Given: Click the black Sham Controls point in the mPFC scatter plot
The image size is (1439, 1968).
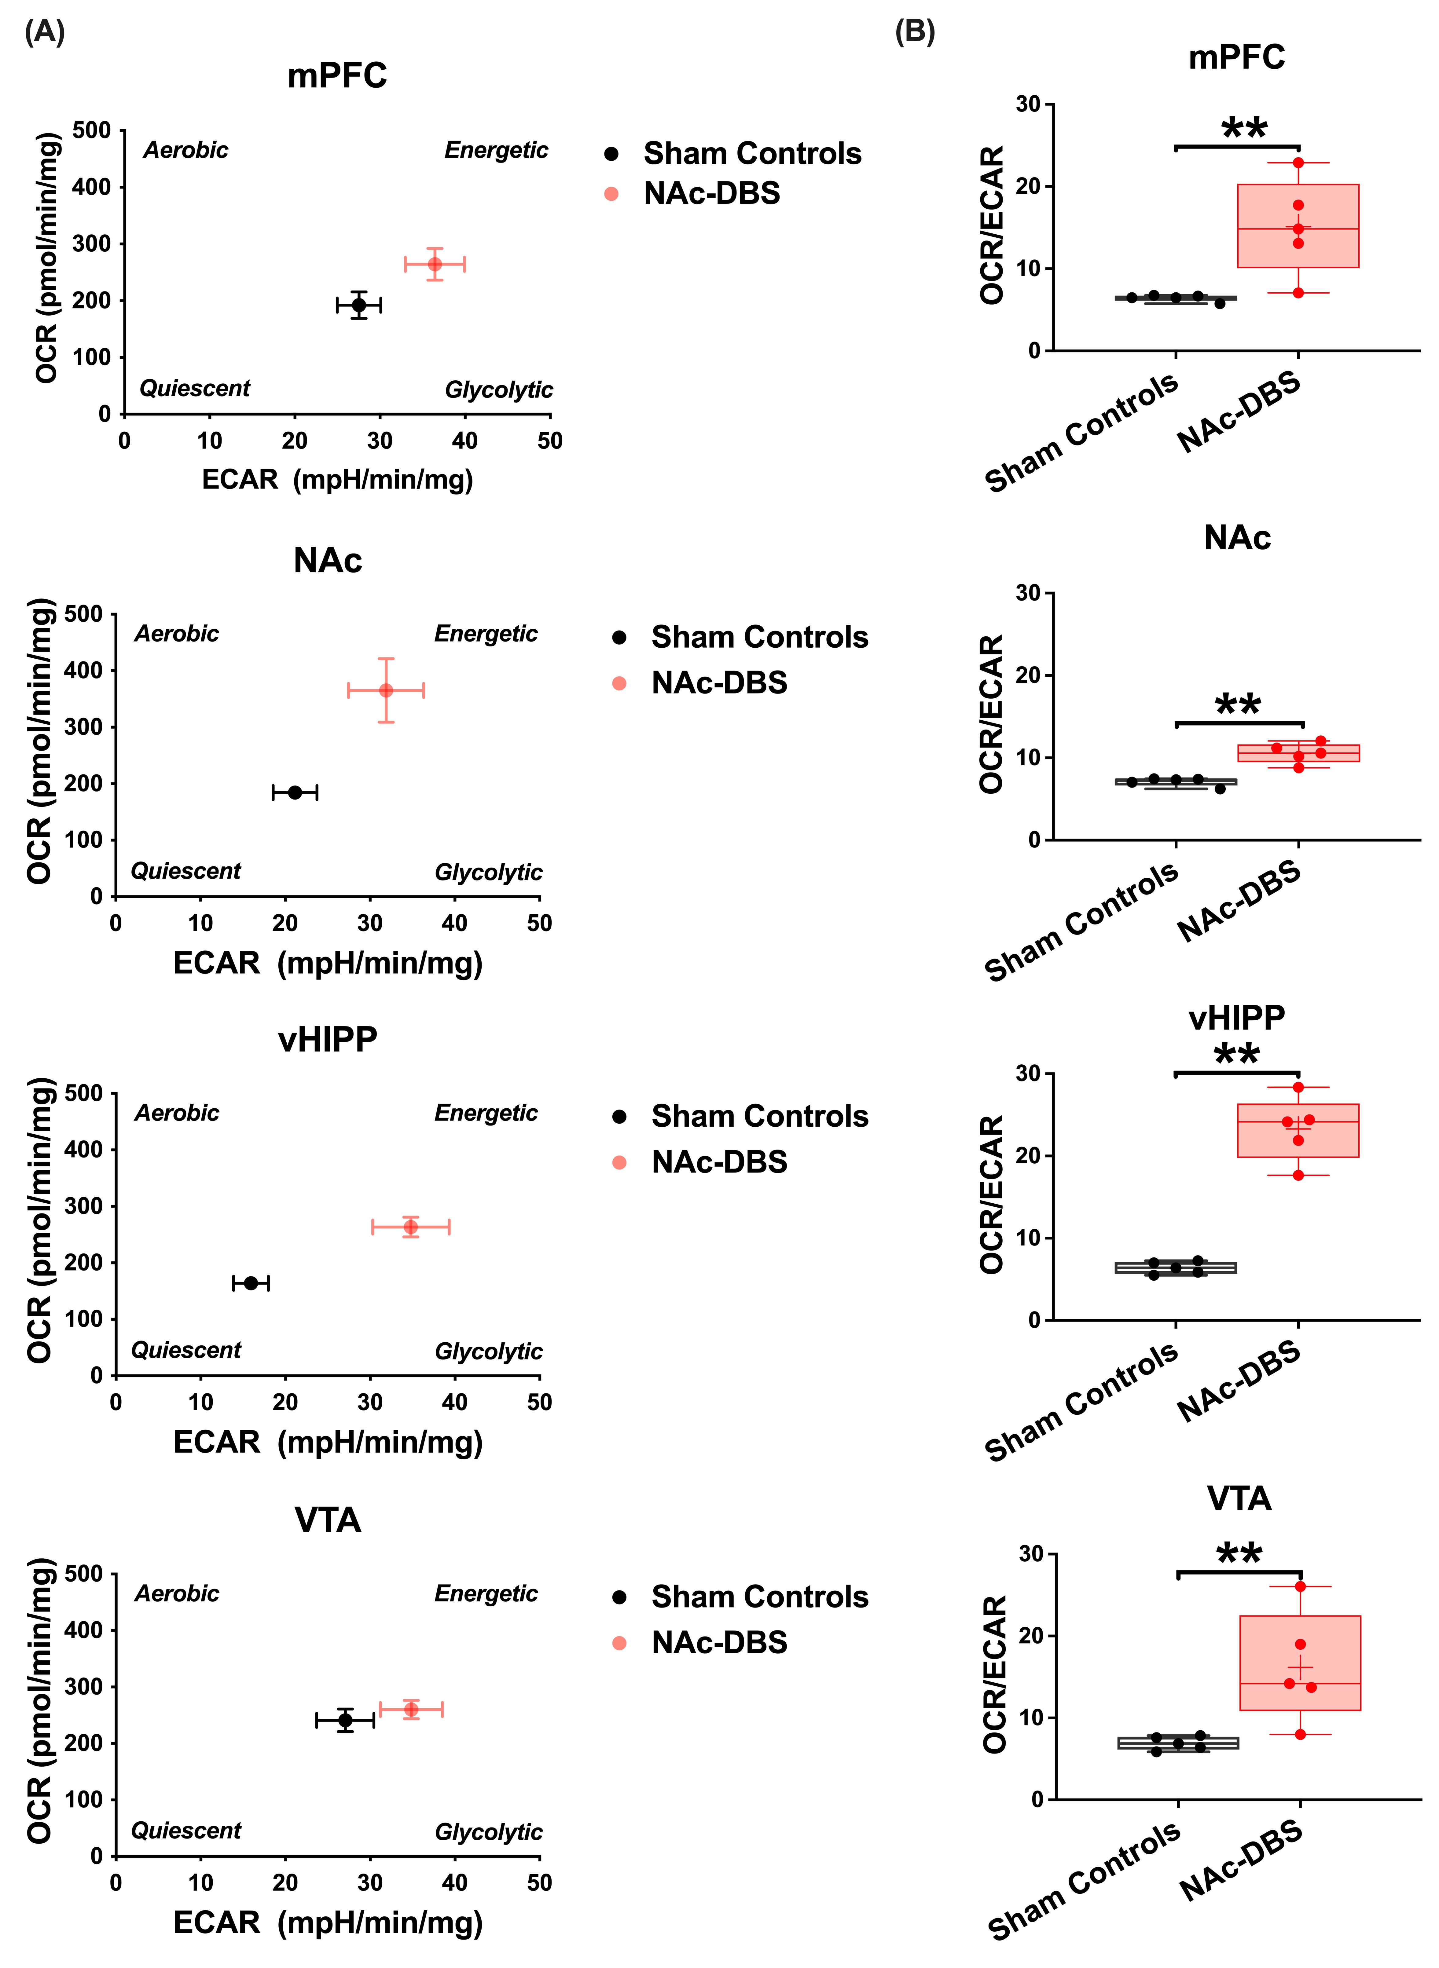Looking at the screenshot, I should pyautogui.click(x=358, y=305).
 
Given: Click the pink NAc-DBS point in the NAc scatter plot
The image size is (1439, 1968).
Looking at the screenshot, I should pyautogui.click(x=386, y=690).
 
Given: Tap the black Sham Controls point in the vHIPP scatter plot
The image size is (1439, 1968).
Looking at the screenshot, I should pyautogui.click(x=251, y=1283).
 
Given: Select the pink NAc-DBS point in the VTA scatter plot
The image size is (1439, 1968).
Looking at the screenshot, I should pyautogui.click(x=411, y=1709).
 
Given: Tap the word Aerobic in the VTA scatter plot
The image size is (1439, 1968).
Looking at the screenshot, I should pyautogui.click(x=177, y=1593).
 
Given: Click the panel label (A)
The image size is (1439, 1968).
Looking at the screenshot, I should pyautogui.click(x=44, y=32).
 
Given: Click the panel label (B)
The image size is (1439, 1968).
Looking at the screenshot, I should pyautogui.click(x=915, y=32).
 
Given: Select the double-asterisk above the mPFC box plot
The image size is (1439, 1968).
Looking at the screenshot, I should pyautogui.click(x=1244, y=129).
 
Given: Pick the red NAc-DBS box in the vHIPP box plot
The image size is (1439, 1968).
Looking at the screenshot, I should pyautogui.click(x=1298, y=1130).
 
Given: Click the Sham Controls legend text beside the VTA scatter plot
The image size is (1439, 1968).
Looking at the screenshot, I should pyautogui.click(x=760, y=1597).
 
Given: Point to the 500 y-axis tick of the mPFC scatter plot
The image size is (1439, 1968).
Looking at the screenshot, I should pyautogui.click(x=91, y=131).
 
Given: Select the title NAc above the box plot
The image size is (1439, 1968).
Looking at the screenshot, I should pyautogui.click(x=1237, y=538).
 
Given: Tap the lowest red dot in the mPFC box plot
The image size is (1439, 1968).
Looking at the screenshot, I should pyautogui.click(x=1298, y=293).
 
